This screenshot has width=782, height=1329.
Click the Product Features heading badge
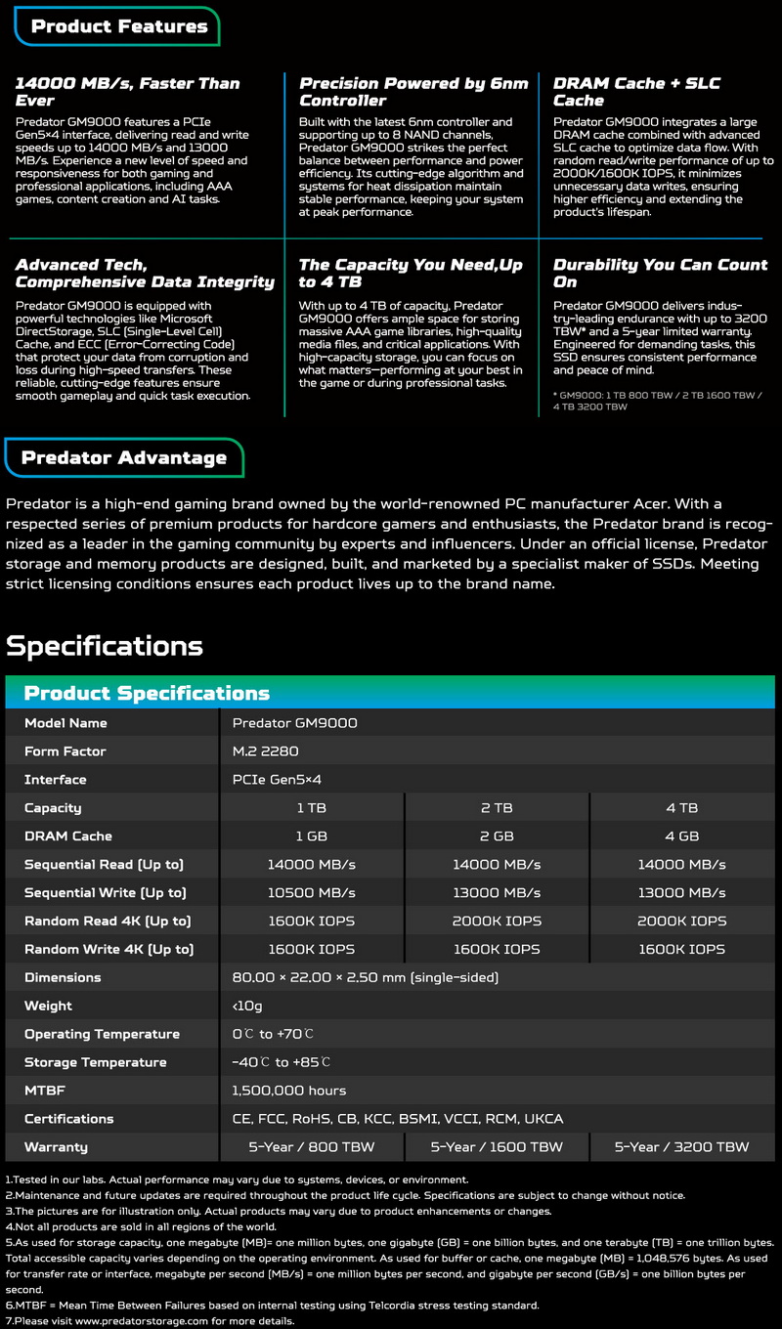click(x=118, y=26)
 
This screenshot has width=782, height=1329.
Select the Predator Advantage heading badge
click(x=123, y=457)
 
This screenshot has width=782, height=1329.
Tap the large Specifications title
click(x=105, y=646)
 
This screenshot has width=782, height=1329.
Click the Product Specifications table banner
click(x=147, y=693)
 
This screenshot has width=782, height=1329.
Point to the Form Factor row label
click(x=65, y=751)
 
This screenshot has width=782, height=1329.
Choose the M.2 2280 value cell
click(x=265, y=751)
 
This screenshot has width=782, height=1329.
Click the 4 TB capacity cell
click(x=681, y=808)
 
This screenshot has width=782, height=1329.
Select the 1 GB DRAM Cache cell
click(x=312, y=836)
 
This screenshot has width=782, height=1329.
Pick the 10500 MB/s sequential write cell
click(x=312, y=893)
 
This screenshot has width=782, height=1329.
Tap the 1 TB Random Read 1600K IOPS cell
click(x=312, y=922)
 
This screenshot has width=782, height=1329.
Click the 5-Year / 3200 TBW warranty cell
click(x=681, y=1147)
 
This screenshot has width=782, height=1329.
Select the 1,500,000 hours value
click(x=289, y=1091)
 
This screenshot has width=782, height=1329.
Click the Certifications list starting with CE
click(x=398, y=1119)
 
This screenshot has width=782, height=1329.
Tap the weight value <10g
click(x=246, y=1006)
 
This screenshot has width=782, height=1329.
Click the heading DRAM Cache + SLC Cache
click(x=636, y=92)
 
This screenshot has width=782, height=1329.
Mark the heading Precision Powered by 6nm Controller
click(x=413, y=92)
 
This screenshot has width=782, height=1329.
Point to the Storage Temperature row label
click(x=95, y=1062)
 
